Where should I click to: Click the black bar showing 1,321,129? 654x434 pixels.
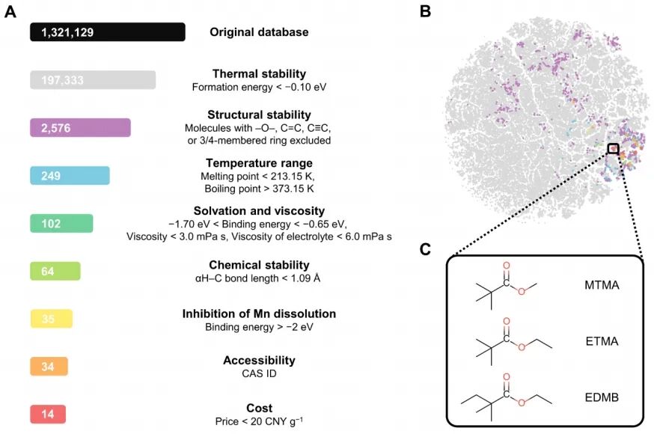[108, 32]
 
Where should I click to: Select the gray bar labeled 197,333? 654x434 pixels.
[93, 79]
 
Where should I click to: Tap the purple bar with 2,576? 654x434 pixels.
[80, 127]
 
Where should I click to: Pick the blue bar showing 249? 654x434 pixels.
[70, 176]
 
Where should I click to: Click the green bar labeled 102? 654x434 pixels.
[61, 223]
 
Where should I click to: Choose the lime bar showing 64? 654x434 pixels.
[55, 271]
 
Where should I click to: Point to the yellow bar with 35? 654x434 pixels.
[52, 319]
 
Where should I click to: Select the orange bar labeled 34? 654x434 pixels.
[49, 367]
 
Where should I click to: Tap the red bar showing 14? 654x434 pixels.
[48, 414]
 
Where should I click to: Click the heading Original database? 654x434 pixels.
[259, 32]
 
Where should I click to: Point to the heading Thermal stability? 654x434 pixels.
[259, 74]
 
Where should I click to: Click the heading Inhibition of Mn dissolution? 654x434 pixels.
[259, 314]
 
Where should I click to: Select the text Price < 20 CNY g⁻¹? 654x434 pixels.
[259, 421]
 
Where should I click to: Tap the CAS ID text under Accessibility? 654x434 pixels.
[259, 373]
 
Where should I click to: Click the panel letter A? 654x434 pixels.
[10, 12]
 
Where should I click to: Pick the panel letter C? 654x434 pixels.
[425, 249]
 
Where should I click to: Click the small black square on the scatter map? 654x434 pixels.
[613, 149]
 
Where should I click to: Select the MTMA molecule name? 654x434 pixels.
[602, 285]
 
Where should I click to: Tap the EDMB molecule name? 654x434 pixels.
[602, 397]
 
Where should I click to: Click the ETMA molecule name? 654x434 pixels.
[602, 341]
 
